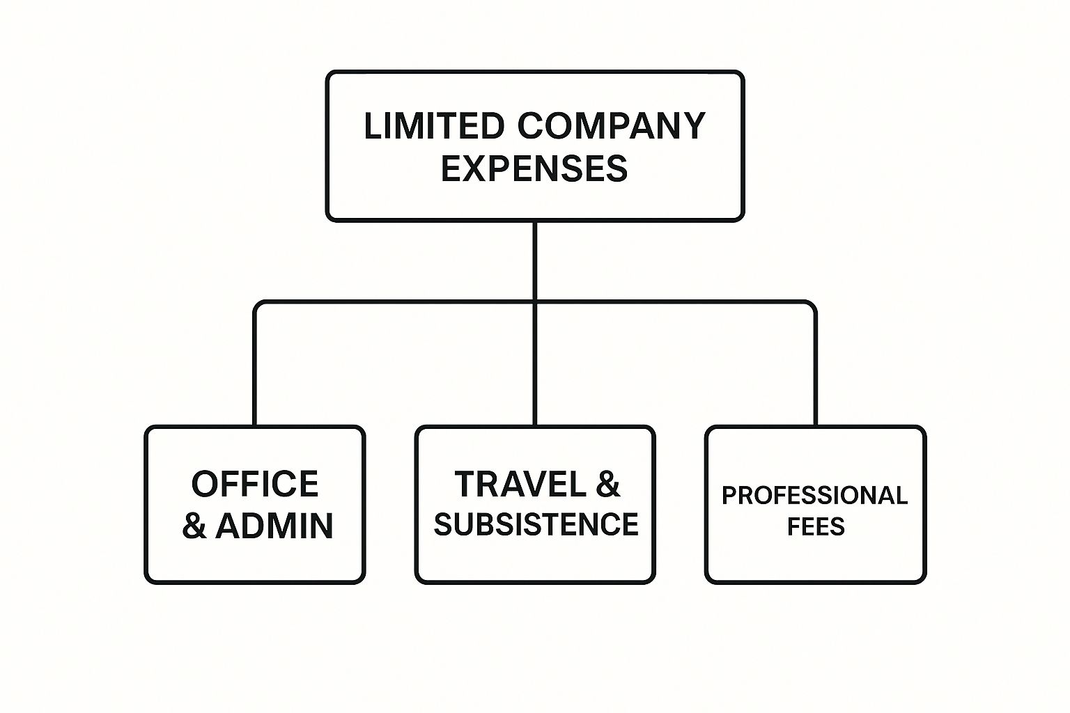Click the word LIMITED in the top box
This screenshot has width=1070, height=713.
433,127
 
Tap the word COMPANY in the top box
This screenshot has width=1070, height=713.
612,127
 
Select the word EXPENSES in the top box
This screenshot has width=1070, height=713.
534,169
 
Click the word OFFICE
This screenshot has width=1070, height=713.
255,484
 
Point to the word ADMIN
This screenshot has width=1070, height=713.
274,526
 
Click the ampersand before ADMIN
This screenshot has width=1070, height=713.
194,526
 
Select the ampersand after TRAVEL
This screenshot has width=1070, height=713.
607,484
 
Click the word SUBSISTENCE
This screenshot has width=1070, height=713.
536,524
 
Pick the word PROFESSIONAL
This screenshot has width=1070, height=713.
814,496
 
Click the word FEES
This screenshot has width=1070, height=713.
816,526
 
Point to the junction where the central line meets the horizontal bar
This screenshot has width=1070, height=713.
534,302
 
